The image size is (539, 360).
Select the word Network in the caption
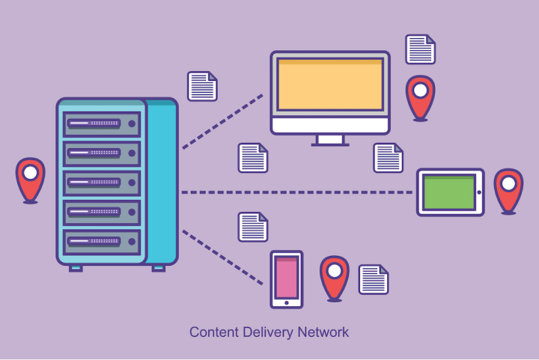pyautogui.click(x=323, y=332)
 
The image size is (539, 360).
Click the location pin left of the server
pyautogui.click(x=31, y=178)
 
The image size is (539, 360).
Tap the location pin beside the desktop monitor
pyautogui.click(x=420, y=97)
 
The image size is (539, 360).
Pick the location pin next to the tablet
pyautogui.click(x=508, y=189)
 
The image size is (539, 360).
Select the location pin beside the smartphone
pyautogui.click(x=334, y=276)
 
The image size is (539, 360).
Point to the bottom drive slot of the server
pyautogui.click(x=102, y=240)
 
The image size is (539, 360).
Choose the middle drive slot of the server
pyautogui.click(x=102, y=182)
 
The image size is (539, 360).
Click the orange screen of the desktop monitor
pyautogui.click(x=330, y=87)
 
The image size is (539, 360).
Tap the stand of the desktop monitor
pyautogui.click(x=330, y=140)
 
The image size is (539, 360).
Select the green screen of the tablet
pyautogui.click(x=449, y=192)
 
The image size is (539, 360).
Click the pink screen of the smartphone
pyautogui.click(x=286, y=276)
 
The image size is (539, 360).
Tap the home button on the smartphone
pyautogui.click(x=286, y=302)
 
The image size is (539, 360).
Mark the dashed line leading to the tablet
pyautogui.click(x=299, y=192)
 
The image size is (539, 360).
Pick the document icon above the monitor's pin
pyautogui.click(x=420, y=49)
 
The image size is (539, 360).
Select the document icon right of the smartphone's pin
pyautogui.click(x=374, y=279)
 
